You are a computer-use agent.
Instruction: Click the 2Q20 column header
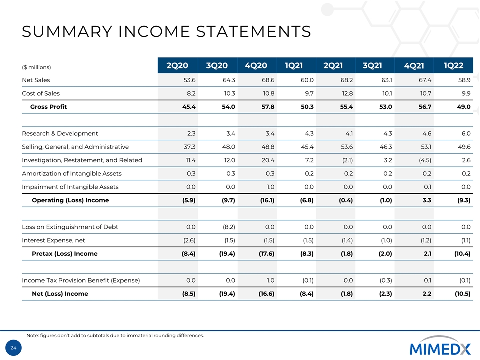(177, 65)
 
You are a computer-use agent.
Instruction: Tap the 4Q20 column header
(256, 65)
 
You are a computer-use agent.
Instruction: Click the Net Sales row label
(36, 80)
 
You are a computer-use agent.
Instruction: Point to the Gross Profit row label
(48, 107)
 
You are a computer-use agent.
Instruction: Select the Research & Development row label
(60, 133)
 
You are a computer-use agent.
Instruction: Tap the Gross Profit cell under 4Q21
(424, 107)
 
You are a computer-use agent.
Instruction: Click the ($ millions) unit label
(37, 66)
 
